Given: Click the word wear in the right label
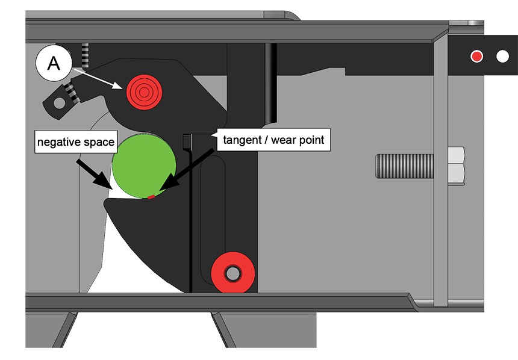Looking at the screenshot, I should pyautogui.click(x=284, y=141).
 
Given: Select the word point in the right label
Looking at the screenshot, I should pyautogui.click(x=312, y=141).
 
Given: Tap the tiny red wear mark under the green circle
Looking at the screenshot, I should pyautogui.click(x=151, y=196).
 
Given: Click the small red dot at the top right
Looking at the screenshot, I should pyautogui.click(x=476, y=57).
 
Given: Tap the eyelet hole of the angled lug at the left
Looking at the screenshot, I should pyautogui.click(x=58, y=104).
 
